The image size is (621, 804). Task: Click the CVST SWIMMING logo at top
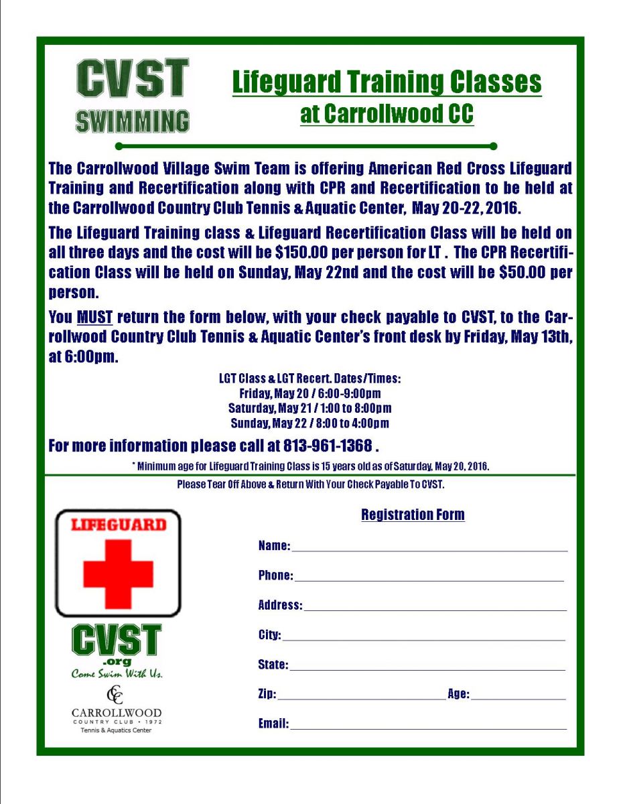(132, 95)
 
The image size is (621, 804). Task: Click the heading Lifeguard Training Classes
(387, 82)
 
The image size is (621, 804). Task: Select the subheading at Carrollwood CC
(387, 114)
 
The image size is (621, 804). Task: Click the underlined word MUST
(94, 316)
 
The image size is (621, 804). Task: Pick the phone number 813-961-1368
(328, 446)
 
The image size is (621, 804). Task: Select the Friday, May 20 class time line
(310, 393)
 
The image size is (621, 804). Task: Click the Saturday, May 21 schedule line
(310, 408)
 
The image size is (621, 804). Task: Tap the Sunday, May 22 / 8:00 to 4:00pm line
(310, 423)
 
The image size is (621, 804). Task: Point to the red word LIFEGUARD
(118, 525)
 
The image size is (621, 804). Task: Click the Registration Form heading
(413, 515)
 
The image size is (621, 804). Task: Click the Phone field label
(275, 576)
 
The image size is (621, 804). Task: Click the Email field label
(273, 724)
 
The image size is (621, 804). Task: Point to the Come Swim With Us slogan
(117, 674)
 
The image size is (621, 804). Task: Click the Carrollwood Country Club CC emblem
(117, 695)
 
